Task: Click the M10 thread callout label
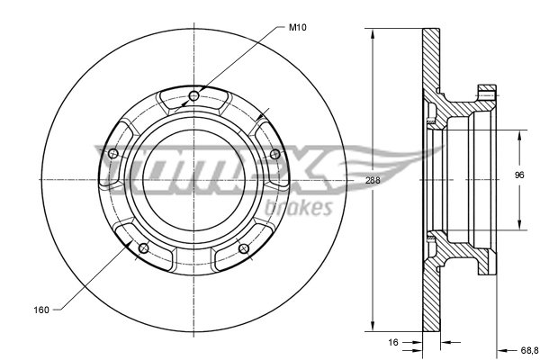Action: (297, 28)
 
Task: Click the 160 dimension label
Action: (41, 310)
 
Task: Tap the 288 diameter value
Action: (373, 180)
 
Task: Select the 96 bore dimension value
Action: (519, 175)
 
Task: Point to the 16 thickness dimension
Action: (393, 342)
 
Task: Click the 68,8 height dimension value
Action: (529, 351)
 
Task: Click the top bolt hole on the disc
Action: (193, 96)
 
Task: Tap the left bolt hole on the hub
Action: (113, 154)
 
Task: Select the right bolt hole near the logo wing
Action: (274, 154)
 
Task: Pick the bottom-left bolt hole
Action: (143, 248)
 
